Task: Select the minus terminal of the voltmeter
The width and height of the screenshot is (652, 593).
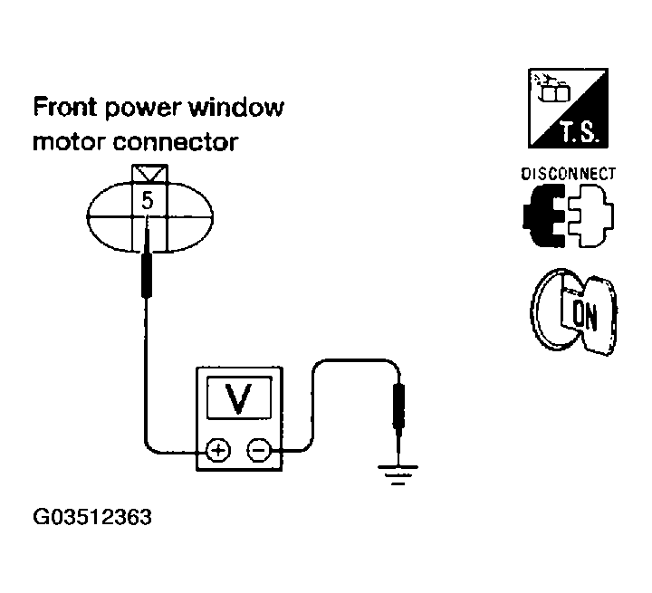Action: [259, 449]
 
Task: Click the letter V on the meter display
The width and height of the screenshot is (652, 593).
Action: [238, 397]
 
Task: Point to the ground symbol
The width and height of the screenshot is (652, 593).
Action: [397, 472]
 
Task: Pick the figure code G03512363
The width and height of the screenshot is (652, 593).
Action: [91, 519]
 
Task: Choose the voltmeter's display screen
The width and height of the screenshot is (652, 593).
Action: [238, 397]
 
